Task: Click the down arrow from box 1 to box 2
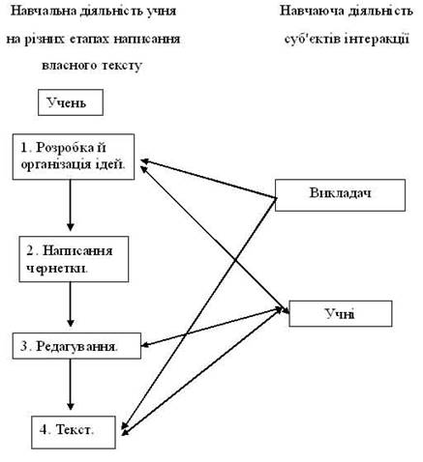coord(71,205)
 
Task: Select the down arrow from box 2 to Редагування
coord(71,304)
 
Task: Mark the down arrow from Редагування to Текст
coord(71,385)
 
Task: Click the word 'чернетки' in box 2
coord(56,269)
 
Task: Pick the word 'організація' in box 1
coord(56,165)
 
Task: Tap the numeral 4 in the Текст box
coord(44,429)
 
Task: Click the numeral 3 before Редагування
coord(24,346)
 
